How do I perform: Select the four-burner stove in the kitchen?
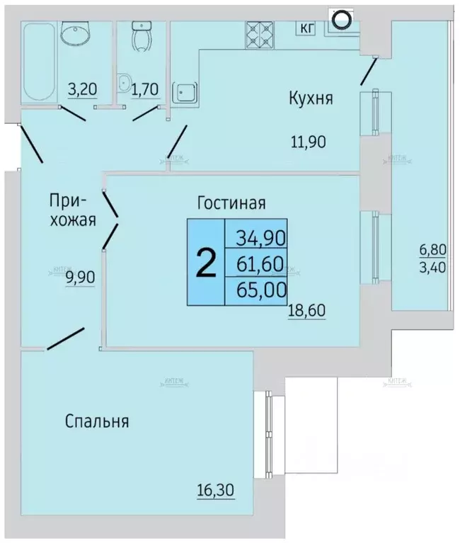pyautogui.click(x=260, y=31)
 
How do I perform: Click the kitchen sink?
pyautogui.click(x=186, y=91)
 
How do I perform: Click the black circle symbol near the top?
pyautogui.click(x=340, y=20)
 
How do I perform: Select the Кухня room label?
pyautogui.click(x=310, y=98)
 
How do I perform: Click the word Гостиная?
pyautogui.click(x=231, y=203)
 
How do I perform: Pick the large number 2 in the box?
pyautogui.click(x=205, y=263)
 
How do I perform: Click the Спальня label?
pyautogui.click(x=97, y=421)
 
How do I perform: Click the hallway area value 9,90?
pyautogui.click(x=80, y=277)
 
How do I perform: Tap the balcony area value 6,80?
pyautogui.click(x=432, y=250)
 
